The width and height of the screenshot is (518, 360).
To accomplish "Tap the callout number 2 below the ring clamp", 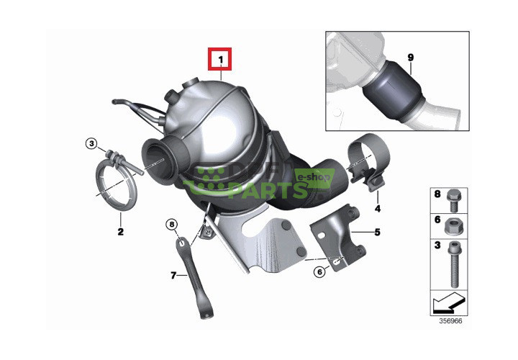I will tap(120, 232).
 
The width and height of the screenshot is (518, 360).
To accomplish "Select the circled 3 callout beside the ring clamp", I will tap(91, 144).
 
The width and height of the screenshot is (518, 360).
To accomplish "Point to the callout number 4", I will tap(376, 209).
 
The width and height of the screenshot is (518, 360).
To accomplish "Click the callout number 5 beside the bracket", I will tap(376, 233).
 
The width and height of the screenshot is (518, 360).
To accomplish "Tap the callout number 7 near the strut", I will tap(173, 275).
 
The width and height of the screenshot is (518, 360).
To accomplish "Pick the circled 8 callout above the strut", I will tap(171, 225).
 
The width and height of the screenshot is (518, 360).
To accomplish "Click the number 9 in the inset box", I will tap(410, 57).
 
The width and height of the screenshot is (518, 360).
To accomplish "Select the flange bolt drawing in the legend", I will tap(455, 195).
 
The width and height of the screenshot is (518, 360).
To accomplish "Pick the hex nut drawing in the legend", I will tap(455, 225).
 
